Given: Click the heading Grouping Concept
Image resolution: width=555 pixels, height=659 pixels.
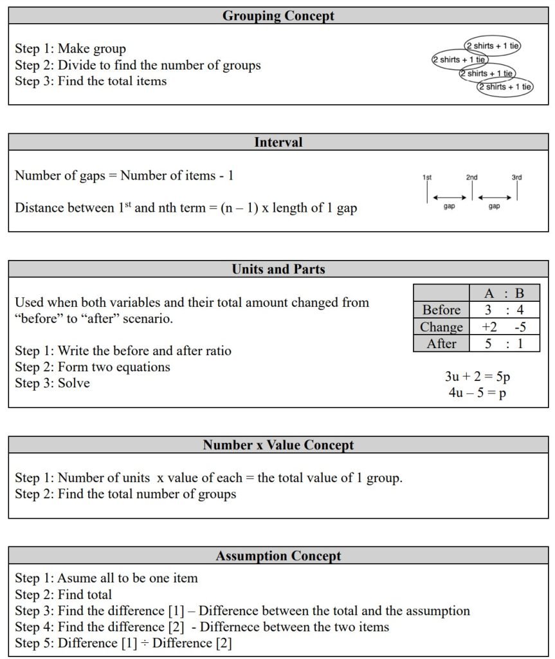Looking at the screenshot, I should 278,15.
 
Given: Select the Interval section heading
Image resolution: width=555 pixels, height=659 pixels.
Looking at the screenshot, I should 278,142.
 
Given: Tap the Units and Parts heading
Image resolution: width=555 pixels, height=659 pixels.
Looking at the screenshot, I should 278,269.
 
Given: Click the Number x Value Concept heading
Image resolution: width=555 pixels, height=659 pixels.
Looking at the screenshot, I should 278,445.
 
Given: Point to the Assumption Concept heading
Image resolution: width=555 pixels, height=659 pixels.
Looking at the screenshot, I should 278,555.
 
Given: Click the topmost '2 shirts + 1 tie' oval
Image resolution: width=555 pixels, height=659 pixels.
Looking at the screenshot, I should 493,46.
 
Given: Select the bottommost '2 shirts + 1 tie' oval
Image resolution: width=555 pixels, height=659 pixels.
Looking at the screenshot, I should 505,87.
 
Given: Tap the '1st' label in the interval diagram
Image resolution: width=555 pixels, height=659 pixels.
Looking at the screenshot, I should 427,177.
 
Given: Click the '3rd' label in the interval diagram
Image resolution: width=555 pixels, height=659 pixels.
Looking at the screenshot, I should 516,177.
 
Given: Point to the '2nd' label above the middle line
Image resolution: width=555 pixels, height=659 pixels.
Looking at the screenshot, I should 472,177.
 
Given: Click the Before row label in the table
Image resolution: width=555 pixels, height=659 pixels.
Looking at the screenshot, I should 441,310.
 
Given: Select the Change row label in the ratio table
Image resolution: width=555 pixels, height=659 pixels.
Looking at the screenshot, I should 441,327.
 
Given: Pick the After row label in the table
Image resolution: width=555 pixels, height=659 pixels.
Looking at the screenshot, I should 441,344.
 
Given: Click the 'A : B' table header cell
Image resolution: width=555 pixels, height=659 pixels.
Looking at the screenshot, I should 504,293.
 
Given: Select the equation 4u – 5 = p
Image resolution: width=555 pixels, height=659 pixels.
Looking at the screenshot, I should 477,393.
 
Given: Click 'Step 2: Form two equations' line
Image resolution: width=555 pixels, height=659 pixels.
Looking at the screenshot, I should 93,367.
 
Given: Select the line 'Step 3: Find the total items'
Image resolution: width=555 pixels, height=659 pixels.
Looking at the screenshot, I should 91,81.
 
